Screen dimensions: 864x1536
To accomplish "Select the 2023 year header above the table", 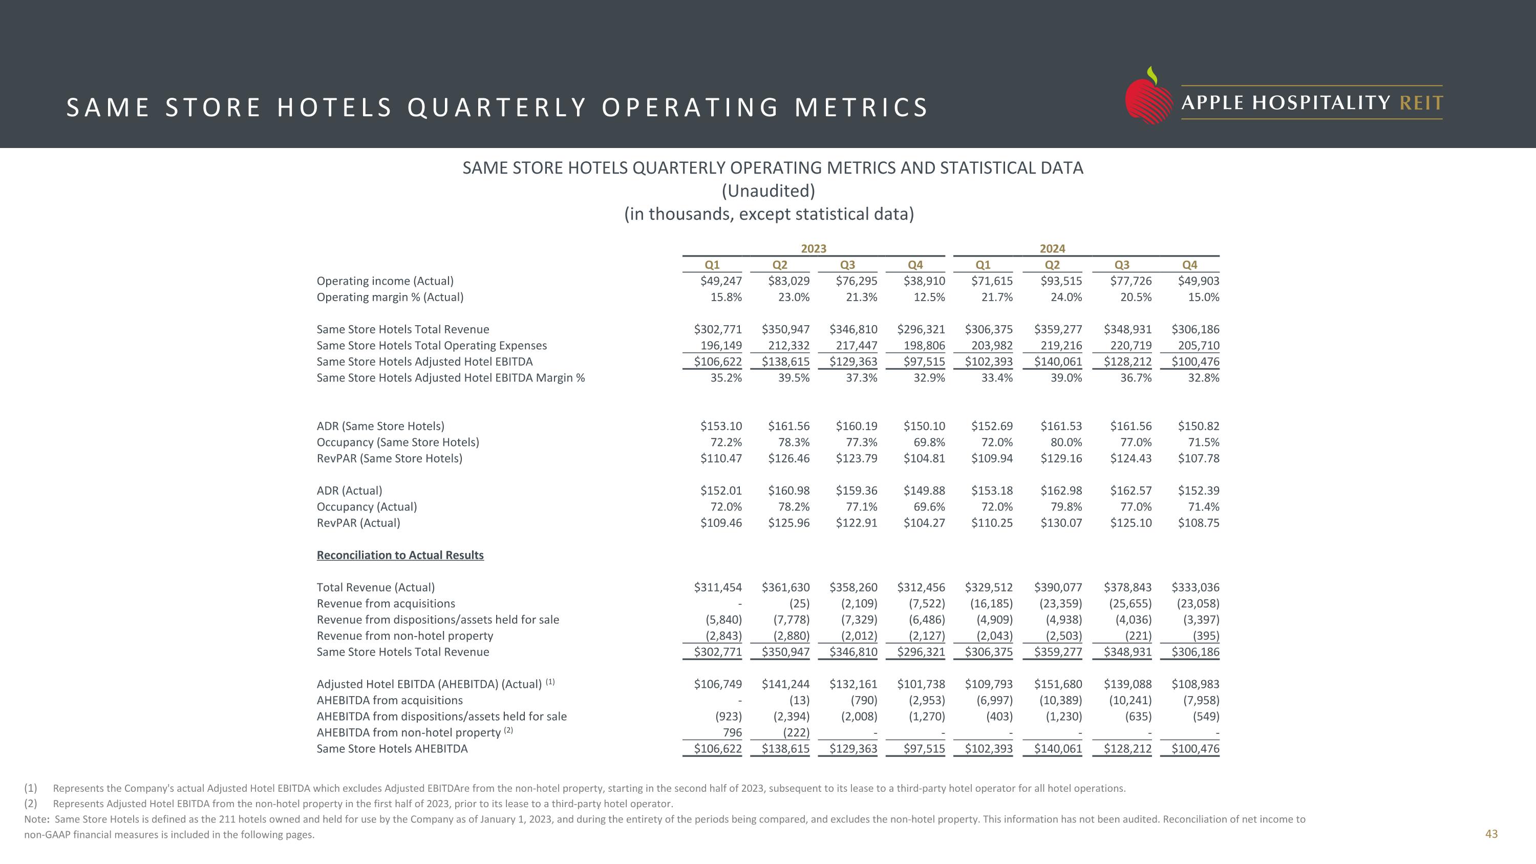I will (814, 248).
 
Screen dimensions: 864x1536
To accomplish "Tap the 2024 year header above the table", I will (1053, 248).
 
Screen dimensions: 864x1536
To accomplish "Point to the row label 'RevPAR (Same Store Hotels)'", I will (389, 458).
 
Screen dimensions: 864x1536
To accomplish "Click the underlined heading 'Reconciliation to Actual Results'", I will (400, 555).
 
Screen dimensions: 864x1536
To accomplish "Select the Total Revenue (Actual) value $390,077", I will (1058, 587).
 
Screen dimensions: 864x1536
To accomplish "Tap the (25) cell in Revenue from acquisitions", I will (799, 603).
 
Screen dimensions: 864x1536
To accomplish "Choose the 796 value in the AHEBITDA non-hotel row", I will (732, 732).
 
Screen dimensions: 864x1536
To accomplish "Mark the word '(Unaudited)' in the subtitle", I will (768, 191).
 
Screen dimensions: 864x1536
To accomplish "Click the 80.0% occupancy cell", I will (1065, 442).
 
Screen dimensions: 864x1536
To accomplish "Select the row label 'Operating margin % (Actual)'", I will (390, 297).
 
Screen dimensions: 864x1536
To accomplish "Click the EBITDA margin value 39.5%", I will (794, 377).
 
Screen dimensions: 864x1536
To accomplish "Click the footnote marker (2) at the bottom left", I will (30, 804).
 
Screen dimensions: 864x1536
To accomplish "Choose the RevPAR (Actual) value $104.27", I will (924, 523).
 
